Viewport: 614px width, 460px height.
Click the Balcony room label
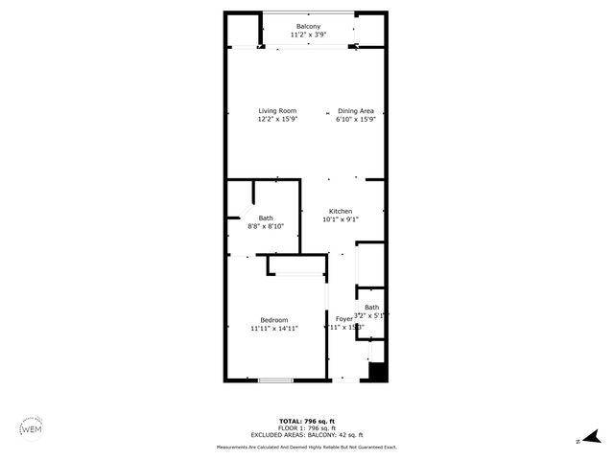tap(308, 27)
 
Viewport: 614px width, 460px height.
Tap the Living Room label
tap(276, 111)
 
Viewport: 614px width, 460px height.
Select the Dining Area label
tap(355, 111)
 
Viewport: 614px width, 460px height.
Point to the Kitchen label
tap(341, 211)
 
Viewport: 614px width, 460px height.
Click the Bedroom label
tap(274, 320)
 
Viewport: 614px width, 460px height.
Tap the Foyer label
tap(342, 318)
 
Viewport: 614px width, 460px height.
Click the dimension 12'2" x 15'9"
tap(276, 120)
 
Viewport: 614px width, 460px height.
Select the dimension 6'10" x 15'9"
tap(355, 120)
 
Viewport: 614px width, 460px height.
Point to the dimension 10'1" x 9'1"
tap(341, 219)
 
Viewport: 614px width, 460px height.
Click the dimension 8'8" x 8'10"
tap(266, 227)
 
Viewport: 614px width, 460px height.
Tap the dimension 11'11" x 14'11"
tap(274, 329)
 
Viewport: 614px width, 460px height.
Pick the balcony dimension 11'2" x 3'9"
tap(308, 35)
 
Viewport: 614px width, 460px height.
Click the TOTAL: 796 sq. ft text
tap(307, 422)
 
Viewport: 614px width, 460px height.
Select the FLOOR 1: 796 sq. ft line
tap(307, 427)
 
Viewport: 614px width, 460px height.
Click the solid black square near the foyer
tap(377, 372)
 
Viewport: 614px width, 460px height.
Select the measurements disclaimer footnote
tap(307, 447)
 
